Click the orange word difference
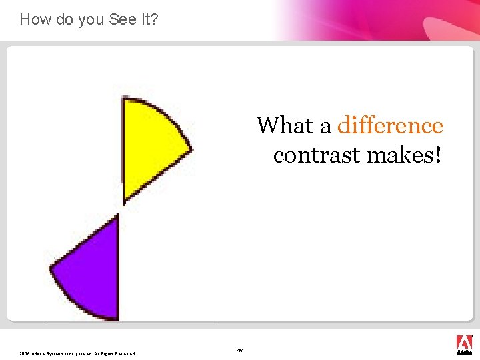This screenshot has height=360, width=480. (x=390, y=125)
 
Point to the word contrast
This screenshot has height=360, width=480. (x=313, y=155)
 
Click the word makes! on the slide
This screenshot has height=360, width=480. (x=401, y=155)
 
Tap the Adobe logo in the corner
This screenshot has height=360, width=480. (x=464, y=344)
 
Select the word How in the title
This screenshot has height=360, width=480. (x=35, y=19)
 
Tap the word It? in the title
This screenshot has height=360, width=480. (x=147, y=19)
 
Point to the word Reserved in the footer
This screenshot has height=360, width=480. (x=125, y=353)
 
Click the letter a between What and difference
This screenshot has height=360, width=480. (x=326, y=125)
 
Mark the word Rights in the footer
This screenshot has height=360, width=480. (x=107, y=353)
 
